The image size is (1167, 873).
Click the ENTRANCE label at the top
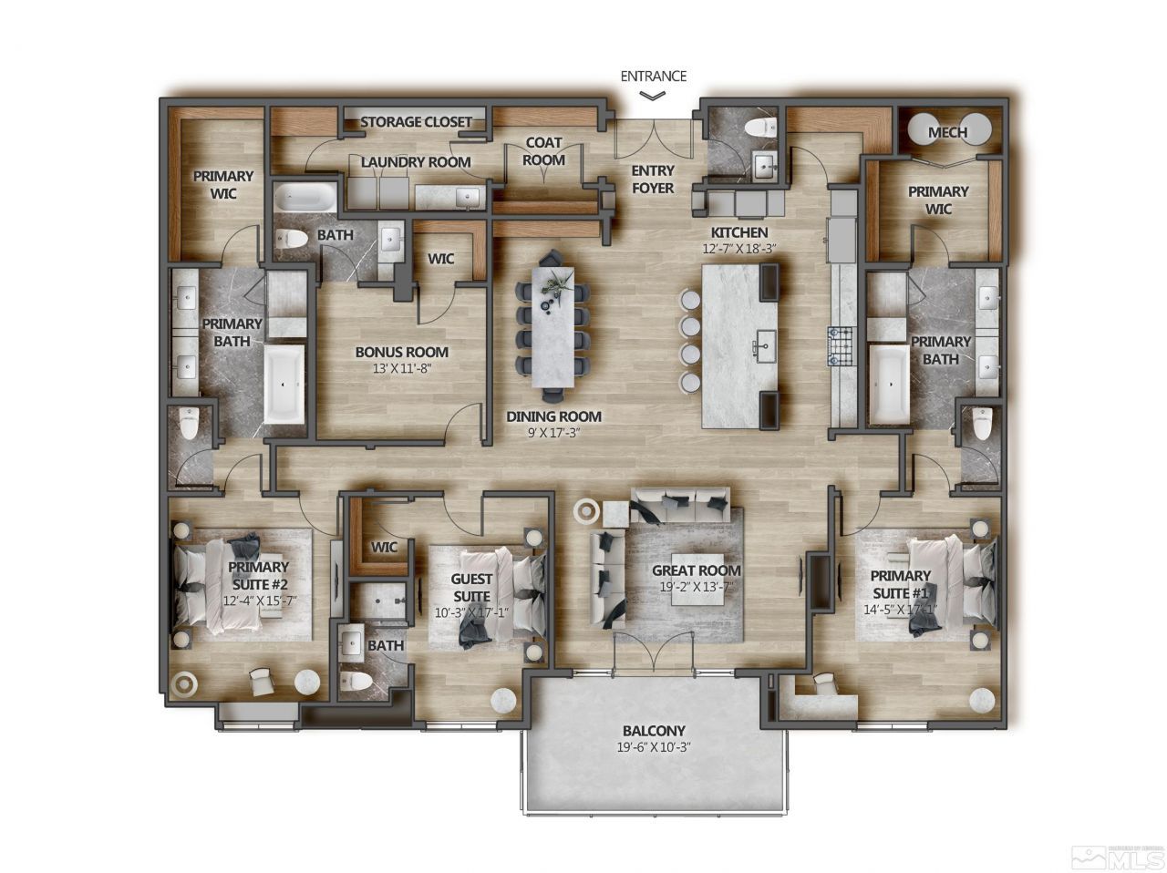tap(653, 77)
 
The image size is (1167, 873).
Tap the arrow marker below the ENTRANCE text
tap(653, 95)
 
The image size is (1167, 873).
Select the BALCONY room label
tap(653, 731)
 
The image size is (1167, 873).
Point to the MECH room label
tap(947, 133)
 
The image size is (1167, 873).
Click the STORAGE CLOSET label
tap(416, 122)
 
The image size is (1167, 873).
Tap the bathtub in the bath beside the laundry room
tap(305, 198)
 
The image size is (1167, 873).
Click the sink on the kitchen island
tap(763, 347)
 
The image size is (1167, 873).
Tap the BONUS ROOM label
tap(401, 352)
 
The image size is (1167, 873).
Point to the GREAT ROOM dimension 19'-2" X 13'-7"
tap(697, 589)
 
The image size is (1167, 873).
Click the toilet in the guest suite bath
tap(358, 682)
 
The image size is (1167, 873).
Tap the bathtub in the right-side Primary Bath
tap(885, 384)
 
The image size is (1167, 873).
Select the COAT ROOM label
tap(543, 151)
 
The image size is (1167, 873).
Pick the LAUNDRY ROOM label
tap(416, 162)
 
